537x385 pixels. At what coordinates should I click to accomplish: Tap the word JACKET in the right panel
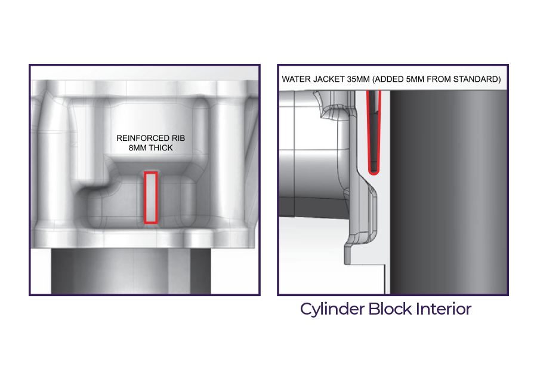[x=328, y=79]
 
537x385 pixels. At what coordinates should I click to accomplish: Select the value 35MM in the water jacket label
[x=358, y=79]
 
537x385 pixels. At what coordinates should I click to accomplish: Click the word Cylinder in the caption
[x=332, y=309]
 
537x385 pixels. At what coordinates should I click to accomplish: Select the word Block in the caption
[x=390, y=309]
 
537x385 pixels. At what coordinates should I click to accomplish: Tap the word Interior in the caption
[x=444, y=309]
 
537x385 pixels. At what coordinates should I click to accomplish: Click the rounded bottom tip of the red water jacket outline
[x=374, y=173]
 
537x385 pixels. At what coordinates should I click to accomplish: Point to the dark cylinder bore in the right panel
[x=449, y=192]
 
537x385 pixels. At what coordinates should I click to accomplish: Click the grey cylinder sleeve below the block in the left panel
[x=131, y=270]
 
